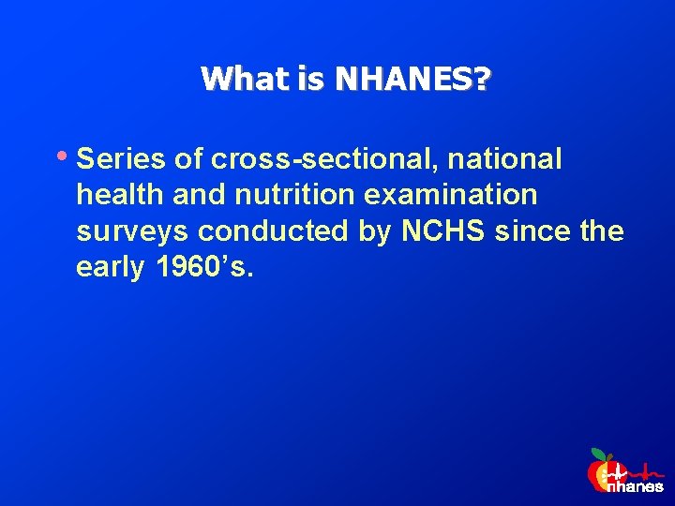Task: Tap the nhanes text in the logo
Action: click(635, 486)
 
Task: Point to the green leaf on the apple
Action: click(598, 454)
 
